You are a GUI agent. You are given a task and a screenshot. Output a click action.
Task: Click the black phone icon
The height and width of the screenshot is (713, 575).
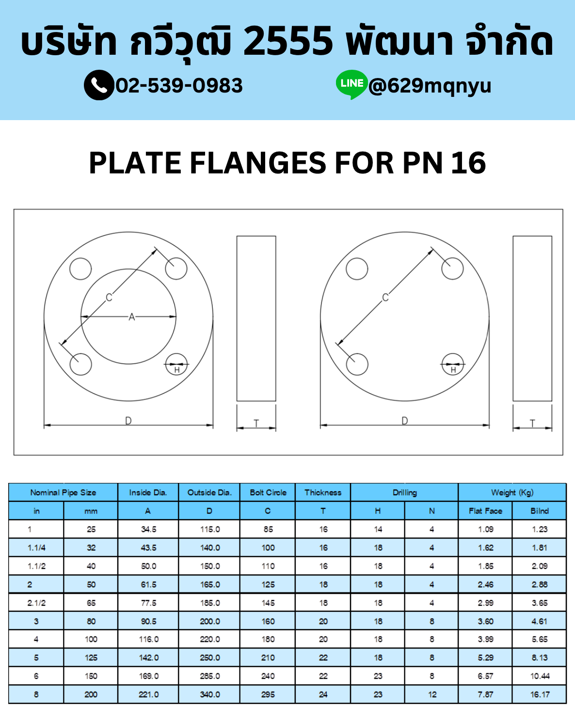99,85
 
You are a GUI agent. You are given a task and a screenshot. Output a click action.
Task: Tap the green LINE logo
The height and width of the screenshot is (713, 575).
351,84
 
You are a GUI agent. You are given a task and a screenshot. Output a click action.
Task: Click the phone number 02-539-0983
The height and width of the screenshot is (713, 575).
179,85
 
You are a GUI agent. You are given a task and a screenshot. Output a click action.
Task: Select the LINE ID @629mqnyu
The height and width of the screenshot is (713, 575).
430,86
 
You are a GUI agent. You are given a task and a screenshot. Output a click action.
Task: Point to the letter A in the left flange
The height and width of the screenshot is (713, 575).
132,317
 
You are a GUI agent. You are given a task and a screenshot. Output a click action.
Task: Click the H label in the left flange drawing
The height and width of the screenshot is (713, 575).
177,370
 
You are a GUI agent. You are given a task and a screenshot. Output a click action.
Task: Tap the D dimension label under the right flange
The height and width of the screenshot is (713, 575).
404,421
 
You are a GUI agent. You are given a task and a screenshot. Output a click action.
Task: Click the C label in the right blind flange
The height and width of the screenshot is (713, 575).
385,297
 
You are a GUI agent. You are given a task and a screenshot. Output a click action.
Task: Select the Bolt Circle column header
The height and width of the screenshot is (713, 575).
268,492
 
